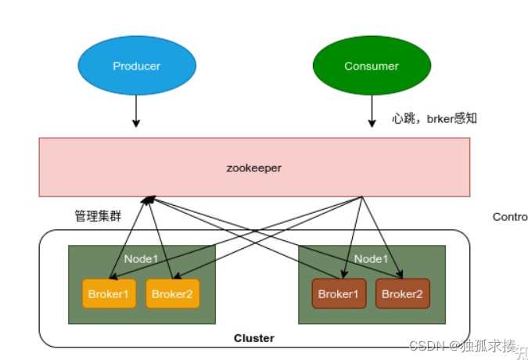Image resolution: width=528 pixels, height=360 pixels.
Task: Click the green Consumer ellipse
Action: coord(371,66)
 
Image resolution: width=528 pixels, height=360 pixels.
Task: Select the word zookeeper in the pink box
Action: coord(254,167)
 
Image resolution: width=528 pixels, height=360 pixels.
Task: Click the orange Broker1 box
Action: coord(109,293)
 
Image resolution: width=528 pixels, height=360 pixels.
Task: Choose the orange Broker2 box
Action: coord(172,293)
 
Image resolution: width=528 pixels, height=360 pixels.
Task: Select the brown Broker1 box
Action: coord(339,293)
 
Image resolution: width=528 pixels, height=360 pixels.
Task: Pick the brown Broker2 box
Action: coord(402,293)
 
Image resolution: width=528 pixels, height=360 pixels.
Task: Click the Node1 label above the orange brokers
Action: coord(141,259)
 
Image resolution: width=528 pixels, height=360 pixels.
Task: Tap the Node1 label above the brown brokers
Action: coord(372,259)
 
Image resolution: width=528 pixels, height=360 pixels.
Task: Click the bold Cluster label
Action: coord(254,338)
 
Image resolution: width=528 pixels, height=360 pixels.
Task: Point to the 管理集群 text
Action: coord(98,216)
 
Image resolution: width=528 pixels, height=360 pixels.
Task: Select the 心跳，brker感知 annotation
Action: coord(434,119)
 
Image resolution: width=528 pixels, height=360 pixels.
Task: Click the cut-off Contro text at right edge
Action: coord(509,216)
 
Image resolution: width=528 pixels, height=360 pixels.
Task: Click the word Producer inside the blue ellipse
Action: coord(136,66)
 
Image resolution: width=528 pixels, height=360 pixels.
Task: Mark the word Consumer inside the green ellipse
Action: coord(371,66)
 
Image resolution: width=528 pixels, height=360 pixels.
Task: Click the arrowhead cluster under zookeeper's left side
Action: coord(147,200)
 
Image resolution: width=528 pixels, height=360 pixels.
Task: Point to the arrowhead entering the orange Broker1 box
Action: coord(112,275)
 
